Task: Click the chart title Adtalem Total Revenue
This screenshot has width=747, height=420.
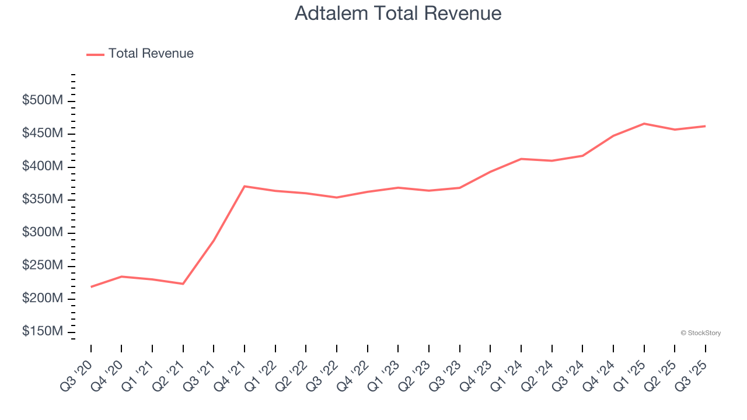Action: coord(398,13)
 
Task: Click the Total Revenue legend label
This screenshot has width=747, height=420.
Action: coord(151,54)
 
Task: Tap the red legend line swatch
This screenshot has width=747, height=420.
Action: coord(95,54)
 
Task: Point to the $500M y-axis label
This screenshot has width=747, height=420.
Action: coord(42,101)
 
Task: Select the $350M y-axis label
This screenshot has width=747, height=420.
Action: coord(42,199)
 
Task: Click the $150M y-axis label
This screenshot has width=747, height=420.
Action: coord(42,331)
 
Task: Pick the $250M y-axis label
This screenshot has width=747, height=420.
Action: coord(42,265)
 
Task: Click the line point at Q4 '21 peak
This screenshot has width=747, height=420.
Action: coord(245,186)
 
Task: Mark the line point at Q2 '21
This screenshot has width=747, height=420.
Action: coord(183,284)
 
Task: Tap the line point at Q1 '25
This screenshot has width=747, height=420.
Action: coord(644,124)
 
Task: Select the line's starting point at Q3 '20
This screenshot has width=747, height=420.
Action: coord(91,287)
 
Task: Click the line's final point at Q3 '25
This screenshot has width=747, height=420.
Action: coord(705,126)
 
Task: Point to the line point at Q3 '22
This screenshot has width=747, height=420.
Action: coord(337,197)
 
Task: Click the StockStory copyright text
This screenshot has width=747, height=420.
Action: coord(700,333)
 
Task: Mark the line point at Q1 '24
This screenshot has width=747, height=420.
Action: coord(521,159)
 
